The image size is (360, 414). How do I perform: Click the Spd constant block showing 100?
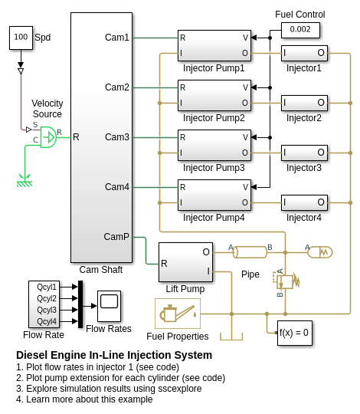coord(21,38)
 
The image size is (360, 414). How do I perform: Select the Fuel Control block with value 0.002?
coord(300,30)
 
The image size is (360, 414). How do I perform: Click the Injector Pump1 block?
coord(214,45)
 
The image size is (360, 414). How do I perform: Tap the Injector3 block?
coord(304,153)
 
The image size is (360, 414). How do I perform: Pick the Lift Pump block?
coord(185,262)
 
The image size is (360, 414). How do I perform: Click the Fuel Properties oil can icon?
coord(178,314)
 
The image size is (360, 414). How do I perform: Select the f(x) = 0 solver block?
coord(295,333)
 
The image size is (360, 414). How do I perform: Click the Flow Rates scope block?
coord(110,306)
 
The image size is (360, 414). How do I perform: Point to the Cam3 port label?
coord(117,137)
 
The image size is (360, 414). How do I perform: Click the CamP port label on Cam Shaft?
coord(116,237)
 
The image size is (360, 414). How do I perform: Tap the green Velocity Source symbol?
coord(48,137)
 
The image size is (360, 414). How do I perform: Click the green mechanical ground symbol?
coord(25,181)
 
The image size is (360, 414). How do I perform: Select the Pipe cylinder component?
coord(250,252)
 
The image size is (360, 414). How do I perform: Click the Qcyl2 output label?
coord(47,298)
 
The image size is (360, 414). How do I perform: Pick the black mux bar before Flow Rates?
coord(80,304)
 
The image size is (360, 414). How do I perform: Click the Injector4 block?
coord(304,202)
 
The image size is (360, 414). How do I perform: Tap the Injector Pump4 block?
coord(214,195)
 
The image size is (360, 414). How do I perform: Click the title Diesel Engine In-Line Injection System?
coord(114,355)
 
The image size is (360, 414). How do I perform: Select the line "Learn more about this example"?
coord(90,399)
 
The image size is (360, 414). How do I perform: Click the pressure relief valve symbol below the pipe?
coord(286,281)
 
